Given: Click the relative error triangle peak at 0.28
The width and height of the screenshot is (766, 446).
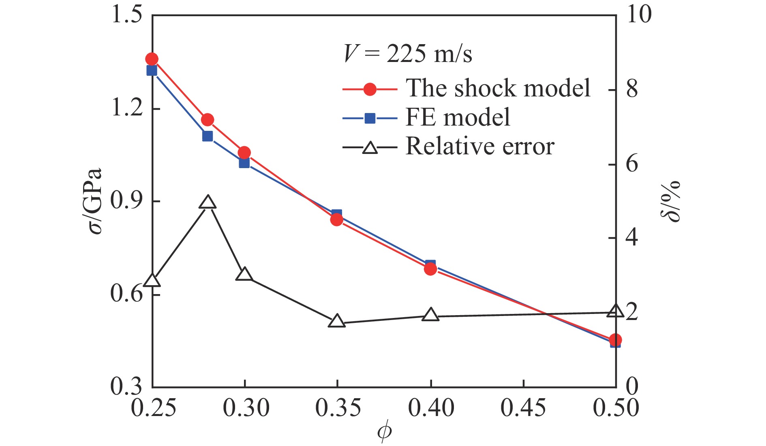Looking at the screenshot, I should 208,202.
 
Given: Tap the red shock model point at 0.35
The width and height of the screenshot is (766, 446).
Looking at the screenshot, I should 337,220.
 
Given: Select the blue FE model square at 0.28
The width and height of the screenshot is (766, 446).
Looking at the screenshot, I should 208,136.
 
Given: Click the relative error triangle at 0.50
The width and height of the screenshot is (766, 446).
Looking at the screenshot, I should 615,311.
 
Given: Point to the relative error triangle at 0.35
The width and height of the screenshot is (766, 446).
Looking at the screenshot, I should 337,321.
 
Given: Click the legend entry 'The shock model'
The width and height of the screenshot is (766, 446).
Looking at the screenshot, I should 498,88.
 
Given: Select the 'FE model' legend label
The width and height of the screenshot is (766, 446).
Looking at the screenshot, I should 458,117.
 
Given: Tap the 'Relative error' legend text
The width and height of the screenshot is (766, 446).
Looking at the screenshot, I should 480,146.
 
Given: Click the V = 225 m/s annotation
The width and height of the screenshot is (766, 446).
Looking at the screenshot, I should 408,53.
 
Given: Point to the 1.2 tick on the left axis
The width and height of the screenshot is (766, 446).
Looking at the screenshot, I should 126,109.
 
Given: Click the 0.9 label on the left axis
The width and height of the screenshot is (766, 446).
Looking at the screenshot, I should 126,201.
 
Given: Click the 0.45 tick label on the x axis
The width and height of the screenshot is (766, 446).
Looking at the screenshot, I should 523,408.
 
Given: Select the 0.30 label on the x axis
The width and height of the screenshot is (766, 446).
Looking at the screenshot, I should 246,408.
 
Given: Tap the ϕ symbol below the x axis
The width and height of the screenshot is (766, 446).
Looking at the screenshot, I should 384,432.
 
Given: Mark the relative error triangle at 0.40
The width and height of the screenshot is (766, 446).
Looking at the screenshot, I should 430,315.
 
